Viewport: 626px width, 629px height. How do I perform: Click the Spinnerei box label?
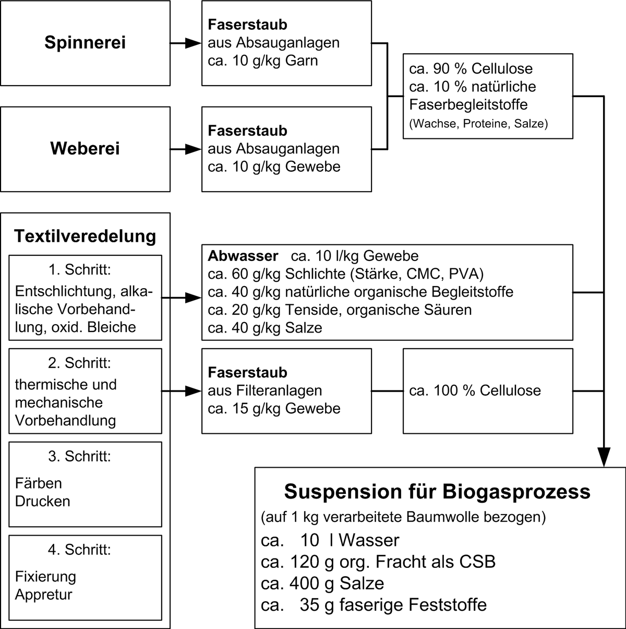coord(85,43)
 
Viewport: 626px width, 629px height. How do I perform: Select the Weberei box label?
coord(85,149)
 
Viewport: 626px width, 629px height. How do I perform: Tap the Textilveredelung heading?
coord(85,236)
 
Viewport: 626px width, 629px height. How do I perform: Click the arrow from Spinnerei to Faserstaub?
coord(186,43)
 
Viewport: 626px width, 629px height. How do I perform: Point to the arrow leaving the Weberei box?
coord(186,149)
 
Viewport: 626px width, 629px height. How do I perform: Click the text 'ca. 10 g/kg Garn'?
coord(263,61)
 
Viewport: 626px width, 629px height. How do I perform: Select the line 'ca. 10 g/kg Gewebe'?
coord(274,167)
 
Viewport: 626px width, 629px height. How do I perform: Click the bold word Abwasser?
coord(243,256)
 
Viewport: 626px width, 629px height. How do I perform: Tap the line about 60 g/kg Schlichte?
coord(345,274)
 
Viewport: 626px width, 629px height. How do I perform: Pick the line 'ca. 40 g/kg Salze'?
coord(265,328)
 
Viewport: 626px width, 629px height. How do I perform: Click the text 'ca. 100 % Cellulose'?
coord(475,390)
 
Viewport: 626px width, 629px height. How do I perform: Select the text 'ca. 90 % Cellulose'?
coord(471,69)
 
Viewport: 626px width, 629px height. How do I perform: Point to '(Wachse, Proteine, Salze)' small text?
coord(478,124)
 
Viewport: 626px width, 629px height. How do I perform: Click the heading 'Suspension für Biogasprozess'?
coord(437,492)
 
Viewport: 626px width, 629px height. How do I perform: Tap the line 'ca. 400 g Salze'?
coord(322,583)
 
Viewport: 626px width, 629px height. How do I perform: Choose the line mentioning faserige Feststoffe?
coord(374,605)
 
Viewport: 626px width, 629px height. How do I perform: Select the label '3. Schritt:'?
coord(80,456)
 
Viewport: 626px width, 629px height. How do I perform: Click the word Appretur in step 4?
coord(44,595)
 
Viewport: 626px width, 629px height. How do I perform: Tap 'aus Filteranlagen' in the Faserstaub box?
coord(265,390)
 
